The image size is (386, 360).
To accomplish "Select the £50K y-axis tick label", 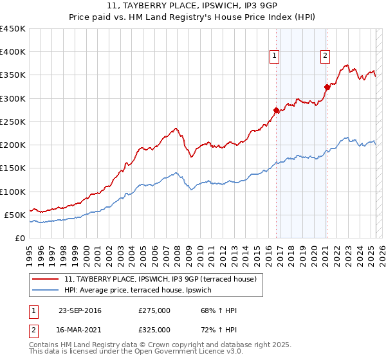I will tap(15, 215).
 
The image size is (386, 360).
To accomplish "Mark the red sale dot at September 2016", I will tap(277, 110).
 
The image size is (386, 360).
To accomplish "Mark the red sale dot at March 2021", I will tap(327, 87).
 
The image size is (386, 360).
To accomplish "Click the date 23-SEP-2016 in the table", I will tap(80, 311).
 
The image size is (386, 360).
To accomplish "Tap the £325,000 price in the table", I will tap(154, 329).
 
